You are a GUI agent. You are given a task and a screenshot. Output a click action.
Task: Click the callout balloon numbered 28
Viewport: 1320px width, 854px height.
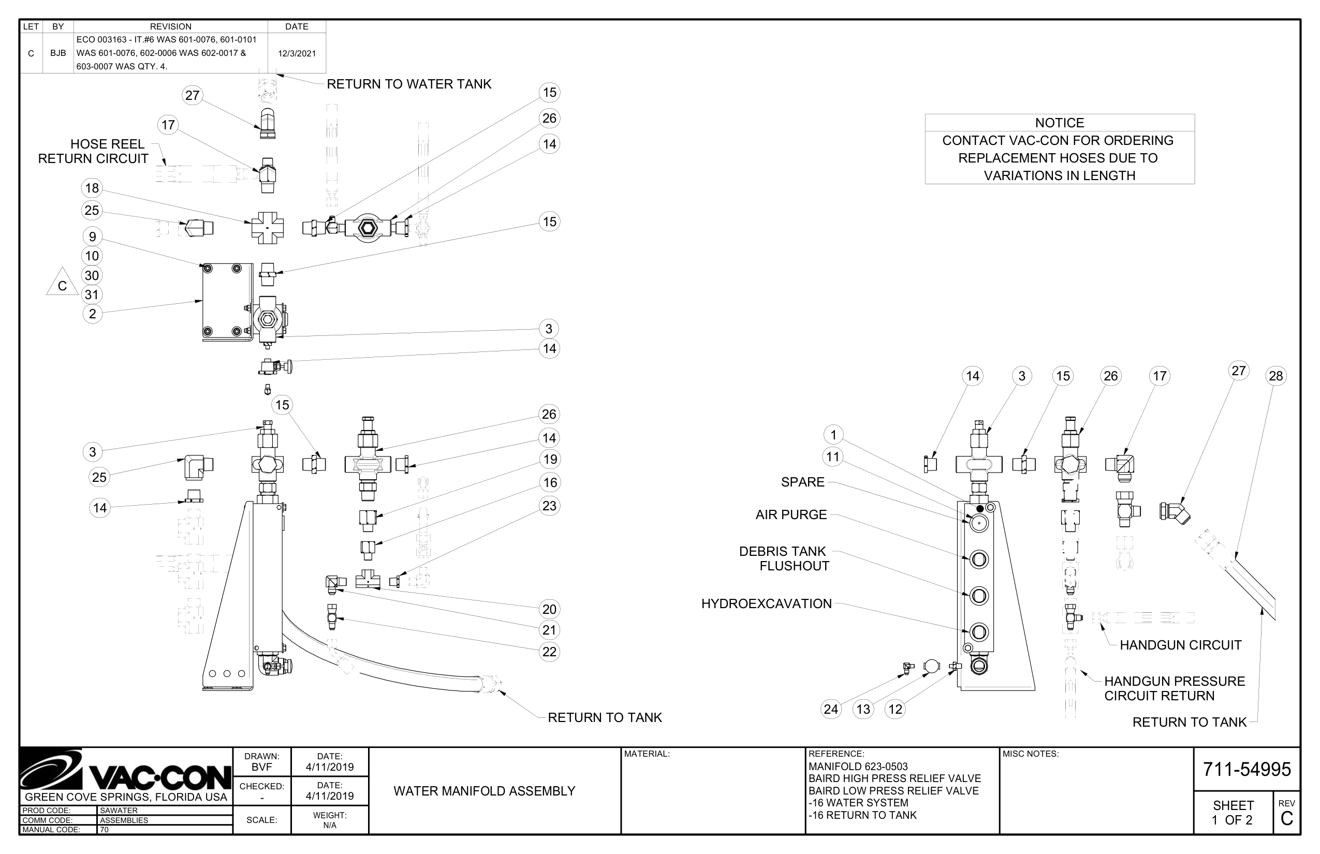[x=1275, y=376]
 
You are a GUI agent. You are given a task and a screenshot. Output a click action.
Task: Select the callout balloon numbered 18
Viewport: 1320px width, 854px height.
[x=92, y=188]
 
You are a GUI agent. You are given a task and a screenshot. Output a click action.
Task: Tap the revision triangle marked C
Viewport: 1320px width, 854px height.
[x=62, y=282]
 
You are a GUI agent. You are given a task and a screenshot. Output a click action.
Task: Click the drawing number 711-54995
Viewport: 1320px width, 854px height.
[x=1247, y=769]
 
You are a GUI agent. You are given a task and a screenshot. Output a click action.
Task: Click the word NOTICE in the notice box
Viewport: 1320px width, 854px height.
[x=1059, y=123]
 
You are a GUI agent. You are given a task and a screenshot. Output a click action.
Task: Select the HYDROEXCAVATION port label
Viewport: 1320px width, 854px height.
[x=767, y=603]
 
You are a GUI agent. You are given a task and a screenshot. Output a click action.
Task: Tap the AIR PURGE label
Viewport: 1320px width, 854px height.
[x=791, y=514]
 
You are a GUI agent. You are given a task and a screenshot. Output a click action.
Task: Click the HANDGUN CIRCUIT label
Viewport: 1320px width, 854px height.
[x=1180, y=645]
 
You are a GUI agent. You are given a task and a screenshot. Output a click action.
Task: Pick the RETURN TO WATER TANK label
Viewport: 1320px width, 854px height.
[x=409, y=84]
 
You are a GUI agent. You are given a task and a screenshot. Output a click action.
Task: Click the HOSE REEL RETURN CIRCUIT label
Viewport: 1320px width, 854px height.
[x=93, y=151]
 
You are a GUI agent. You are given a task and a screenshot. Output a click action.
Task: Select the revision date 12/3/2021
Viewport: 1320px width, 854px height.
[x=297, y=53]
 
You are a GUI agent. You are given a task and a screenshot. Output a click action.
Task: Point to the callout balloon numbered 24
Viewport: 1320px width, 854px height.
[x=831, y=709]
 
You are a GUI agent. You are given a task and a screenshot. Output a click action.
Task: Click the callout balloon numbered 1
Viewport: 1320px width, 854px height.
[x=833, y=435]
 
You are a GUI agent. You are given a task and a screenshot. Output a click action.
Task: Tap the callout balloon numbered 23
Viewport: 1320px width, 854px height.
[x=549, y=506]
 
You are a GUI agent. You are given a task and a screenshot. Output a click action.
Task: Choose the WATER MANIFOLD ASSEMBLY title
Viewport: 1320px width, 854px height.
[x=484, y=791]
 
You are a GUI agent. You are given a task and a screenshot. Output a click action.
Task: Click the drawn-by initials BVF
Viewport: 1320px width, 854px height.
[x=262, y=767]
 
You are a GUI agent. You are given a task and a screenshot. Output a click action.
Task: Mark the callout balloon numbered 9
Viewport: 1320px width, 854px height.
[x=92, y=237]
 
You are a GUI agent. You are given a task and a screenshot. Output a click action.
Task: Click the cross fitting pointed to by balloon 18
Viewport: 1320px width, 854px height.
[x=267, y=228]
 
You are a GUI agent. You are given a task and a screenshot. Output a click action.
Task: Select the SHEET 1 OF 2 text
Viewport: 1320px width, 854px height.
[x=1233, y=813]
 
